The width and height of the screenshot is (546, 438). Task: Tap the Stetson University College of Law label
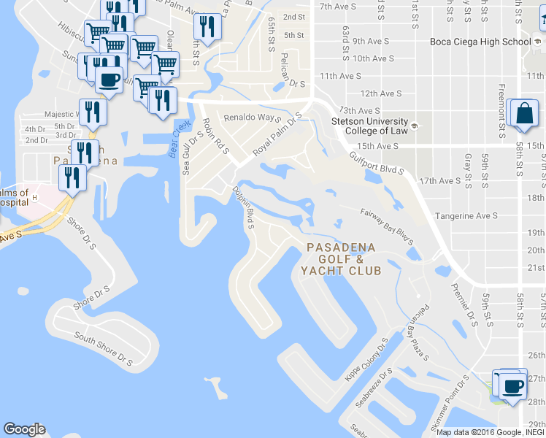[x=371, y=126]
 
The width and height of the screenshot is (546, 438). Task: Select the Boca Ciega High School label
[x=480, y=42]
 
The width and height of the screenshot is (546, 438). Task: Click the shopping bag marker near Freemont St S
[x=524, y=114]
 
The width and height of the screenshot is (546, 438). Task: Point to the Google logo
[x=24, y=429]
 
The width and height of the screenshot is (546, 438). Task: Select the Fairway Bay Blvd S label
[x=387, y=225]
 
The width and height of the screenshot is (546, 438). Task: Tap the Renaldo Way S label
[x=253, y=117]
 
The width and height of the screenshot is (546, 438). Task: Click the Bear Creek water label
[x=174, y=139]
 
